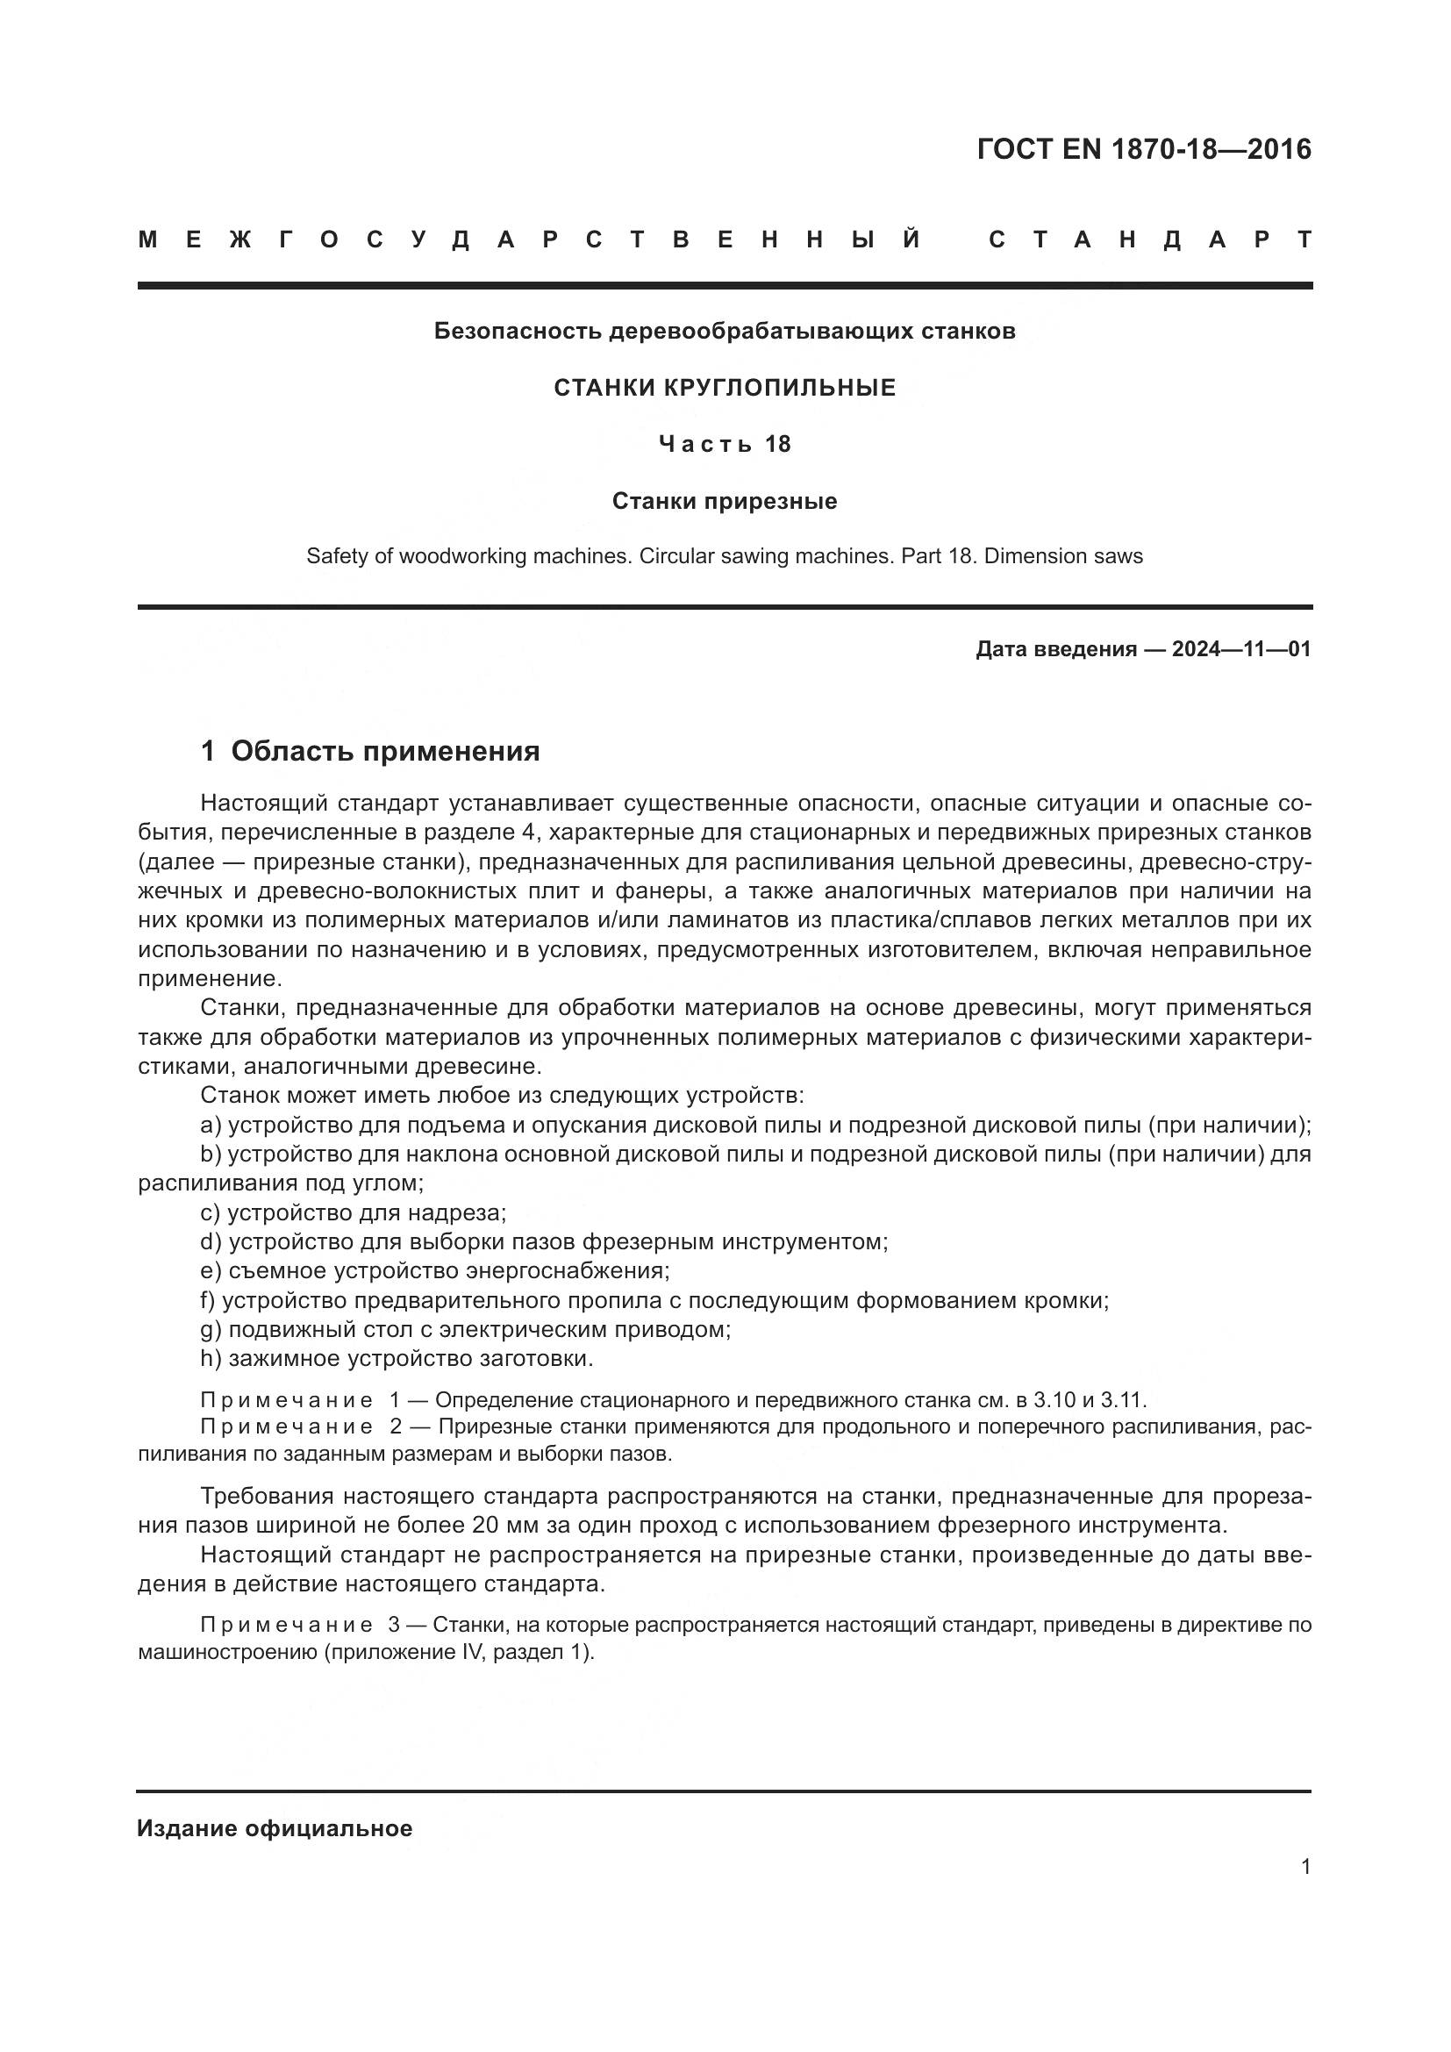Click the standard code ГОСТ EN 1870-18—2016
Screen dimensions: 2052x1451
coord(1144,149)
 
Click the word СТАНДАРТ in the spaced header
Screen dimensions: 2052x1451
coord(1150,240)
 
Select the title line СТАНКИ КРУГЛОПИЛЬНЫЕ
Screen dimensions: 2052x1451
coord(725,388)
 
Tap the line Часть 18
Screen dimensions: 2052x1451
coord(725,444)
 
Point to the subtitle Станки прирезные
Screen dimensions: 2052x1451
coord(725,502)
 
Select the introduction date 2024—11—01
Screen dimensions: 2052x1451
coord(1241,649)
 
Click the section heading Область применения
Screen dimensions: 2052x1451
coord(385,752)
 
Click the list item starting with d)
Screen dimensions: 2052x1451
coord(544,1242)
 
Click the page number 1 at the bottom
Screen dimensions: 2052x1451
coord(1305,1867)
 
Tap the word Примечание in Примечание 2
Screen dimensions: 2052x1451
coord(286,1427)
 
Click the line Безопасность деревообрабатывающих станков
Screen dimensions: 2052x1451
coord(725,332)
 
